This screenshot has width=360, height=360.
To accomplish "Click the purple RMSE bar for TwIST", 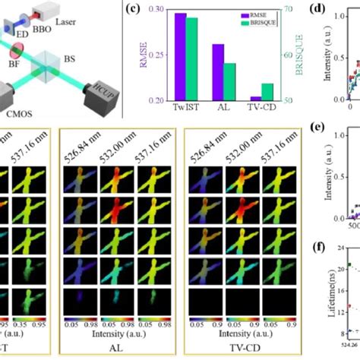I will click(x=181, y=57).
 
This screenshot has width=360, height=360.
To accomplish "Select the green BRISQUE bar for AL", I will click(x=229, y=82).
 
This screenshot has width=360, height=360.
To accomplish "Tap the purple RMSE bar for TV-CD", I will click(x=256, y=99).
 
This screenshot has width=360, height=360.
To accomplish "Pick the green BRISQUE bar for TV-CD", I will click(x=267, y=92).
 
